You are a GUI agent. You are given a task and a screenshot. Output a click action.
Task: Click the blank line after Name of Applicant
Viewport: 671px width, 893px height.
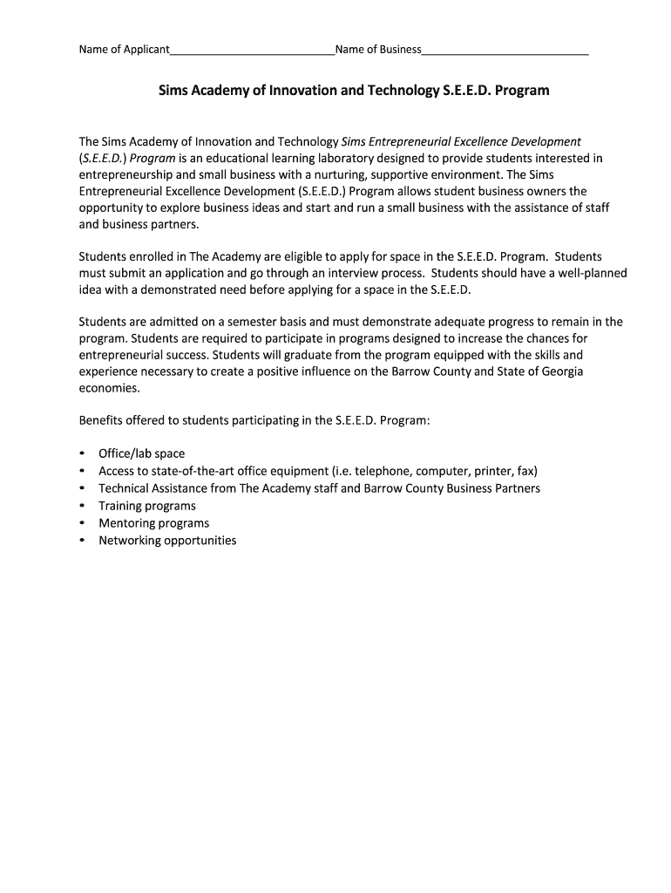click(252, 51)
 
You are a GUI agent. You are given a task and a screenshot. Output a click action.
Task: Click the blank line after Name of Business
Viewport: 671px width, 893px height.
click(505, 51)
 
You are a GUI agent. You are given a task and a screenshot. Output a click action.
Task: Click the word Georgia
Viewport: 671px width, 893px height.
click(560, 372)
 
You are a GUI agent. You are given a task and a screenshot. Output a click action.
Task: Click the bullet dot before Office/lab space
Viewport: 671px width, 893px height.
click(82, 454)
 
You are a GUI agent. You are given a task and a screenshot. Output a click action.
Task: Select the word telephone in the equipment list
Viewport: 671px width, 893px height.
click(415, 471)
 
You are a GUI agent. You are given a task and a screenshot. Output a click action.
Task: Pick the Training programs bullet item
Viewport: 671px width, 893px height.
click(146, 506)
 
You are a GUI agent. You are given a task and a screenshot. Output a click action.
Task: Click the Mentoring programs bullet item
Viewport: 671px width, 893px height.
click(153, 523)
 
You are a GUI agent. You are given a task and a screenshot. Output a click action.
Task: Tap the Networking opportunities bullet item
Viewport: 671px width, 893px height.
click(166, 541)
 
